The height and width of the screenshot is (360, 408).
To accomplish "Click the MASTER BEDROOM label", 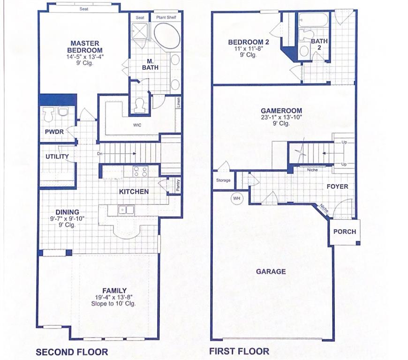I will pos(84,47).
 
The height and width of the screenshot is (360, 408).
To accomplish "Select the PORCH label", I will pos(344,232).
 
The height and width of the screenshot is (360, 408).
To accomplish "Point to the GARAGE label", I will pos(271,271).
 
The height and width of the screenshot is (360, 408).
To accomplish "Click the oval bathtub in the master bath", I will pos(167,36).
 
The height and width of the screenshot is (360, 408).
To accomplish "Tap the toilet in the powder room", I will pos(48,114).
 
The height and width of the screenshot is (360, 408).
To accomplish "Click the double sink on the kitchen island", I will pos(126,210).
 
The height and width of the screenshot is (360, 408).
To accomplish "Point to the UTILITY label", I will pos(57,157).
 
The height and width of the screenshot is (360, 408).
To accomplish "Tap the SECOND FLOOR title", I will pos(72,352).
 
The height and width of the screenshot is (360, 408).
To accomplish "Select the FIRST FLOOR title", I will pos(239,351).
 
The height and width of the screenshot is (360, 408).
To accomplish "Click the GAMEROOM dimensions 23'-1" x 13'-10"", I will pos(282,117).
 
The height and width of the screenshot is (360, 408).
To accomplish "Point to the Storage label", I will pos(223,180).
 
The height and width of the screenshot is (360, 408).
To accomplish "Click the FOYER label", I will pos(337,187).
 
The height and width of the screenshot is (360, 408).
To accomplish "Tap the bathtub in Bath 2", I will pos(314,20).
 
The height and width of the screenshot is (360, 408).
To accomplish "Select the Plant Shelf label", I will pos(166,17).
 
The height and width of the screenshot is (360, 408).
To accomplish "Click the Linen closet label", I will pos(179,103).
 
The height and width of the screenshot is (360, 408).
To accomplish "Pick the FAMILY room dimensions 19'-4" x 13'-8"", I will pos(114,297).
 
